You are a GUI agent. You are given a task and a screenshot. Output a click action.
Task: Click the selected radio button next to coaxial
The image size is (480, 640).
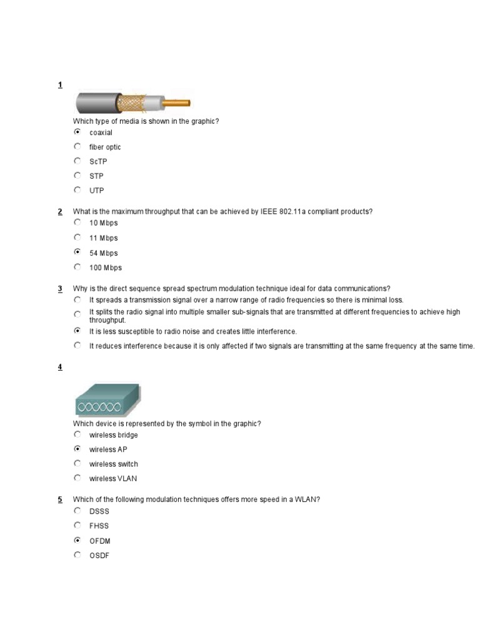tap(77, 132)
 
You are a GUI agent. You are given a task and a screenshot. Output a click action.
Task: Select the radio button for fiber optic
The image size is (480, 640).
tap(77, 146)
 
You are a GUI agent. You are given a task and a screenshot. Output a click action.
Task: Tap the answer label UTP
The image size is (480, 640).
tap(96, 191)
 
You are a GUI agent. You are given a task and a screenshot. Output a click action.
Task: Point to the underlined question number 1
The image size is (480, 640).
tap(60, 84)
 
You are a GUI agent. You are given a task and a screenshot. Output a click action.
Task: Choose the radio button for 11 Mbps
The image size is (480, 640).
tap(77, 237)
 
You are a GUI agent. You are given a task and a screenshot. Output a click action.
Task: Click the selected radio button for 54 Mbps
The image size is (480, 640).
tap(77, 252)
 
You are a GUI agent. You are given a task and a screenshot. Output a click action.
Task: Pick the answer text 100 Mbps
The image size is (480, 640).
tap(105, 268)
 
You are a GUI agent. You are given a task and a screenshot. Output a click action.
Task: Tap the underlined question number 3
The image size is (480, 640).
tap(60, 289)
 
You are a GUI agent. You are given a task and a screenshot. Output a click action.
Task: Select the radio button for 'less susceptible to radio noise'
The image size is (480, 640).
tap(77, 331)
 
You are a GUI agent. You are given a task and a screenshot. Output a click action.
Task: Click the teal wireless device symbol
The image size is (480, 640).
tap(107, 400)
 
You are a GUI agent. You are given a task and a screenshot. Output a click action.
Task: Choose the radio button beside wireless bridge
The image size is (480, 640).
tap(77, 434)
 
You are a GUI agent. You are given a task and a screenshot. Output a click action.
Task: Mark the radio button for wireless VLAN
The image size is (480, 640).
tap(77, 478)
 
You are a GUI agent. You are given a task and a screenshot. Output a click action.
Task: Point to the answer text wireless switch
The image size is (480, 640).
tap(113, 464)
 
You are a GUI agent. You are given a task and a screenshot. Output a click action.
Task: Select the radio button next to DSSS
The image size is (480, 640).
tap(77, 511)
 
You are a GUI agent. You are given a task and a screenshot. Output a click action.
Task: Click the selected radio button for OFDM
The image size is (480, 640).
tap(77, 540)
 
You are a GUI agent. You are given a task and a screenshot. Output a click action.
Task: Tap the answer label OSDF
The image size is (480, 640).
tap(99, 556)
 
